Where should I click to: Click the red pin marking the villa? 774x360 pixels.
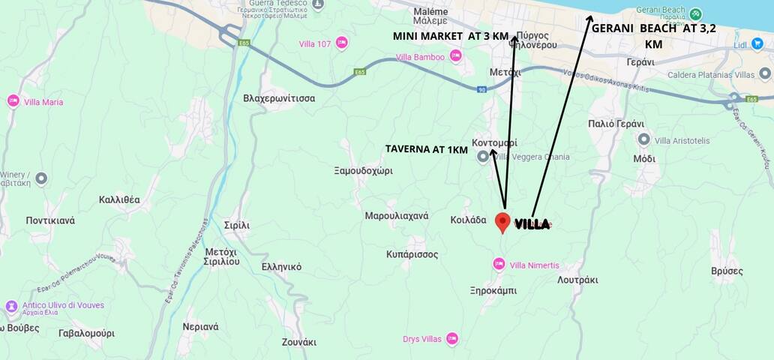point(502,222)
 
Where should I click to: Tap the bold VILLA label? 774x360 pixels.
point(532,223)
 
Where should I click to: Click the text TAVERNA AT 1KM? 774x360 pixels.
point(426,149)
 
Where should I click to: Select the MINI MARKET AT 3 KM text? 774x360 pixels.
point(451,36)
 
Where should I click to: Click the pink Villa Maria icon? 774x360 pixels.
point(13,101)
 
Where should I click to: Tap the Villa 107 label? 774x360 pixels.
point(315,43)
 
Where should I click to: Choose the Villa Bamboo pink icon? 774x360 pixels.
point(455,56)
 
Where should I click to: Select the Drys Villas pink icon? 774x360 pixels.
point(451,338)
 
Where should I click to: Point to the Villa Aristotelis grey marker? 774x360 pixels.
point(643,139)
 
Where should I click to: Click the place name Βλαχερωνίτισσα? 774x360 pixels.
point(279,98)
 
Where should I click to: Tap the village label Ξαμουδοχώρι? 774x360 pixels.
point(363,170)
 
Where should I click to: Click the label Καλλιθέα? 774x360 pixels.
point(119,199)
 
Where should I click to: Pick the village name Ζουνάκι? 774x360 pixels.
point(298,342)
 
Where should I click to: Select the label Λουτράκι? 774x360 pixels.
point(577,280)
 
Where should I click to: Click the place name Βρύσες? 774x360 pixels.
point(726,271)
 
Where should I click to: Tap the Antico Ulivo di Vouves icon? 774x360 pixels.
point(11,306)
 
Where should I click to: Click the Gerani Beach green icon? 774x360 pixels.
point(696,14)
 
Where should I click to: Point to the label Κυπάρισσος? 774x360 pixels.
point(412,254)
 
